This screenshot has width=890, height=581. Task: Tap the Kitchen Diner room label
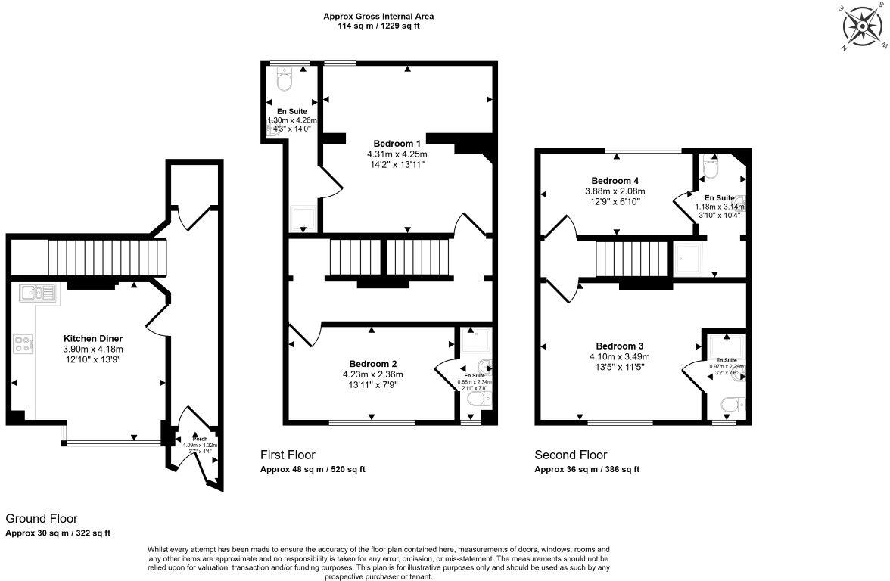coord(93,338)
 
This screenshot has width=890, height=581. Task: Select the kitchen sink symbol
coord(38,293)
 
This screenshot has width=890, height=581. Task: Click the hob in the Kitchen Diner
coord(23,344)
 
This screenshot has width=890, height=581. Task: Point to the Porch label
coord(200,439)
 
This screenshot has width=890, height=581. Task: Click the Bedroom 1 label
coord(397,143)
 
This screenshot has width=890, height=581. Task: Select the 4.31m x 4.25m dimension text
coord(397,154)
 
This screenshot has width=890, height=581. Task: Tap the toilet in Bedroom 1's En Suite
coord(285,79)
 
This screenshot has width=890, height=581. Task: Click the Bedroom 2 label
coord(373,363)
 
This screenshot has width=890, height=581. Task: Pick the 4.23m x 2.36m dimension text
coord(373,374)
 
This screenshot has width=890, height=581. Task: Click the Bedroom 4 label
coord(615,181)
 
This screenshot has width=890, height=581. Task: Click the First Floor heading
coord(288,455)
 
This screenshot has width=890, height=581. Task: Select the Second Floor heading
coord(571,455)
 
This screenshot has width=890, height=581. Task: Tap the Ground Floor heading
coord(42,519)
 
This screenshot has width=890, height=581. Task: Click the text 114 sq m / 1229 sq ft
coord(378,26)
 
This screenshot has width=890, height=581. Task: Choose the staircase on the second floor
coord(633,259)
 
